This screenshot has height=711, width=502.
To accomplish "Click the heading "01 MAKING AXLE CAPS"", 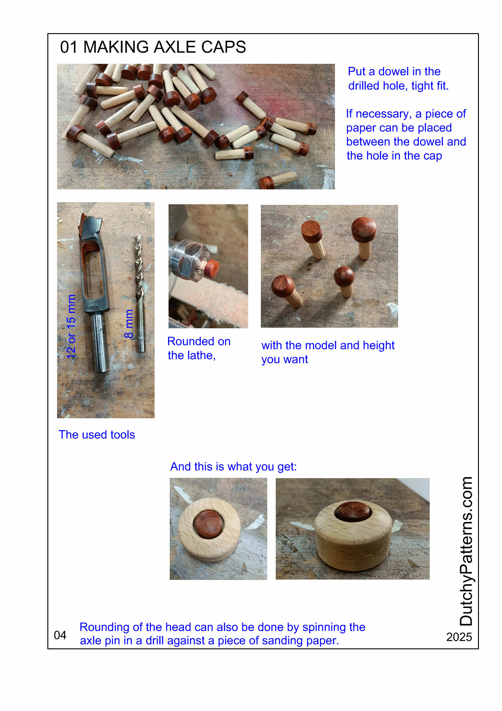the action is pos(153,47).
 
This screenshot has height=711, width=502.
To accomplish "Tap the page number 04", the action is pos(60,635).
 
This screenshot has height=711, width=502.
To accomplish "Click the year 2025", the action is pos(459,637).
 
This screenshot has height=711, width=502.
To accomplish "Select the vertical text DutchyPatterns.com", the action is pos(466,551).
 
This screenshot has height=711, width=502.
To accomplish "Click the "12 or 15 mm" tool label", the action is pos(71,327).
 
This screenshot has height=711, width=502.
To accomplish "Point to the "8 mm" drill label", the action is pos(129,323).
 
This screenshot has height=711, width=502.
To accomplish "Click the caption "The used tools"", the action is pos(97,434).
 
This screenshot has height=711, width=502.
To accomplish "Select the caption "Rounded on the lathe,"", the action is pos(199,348).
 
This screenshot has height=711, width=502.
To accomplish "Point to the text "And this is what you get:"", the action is pos(234,466).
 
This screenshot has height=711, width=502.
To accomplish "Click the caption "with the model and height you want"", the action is pos(328,352).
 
